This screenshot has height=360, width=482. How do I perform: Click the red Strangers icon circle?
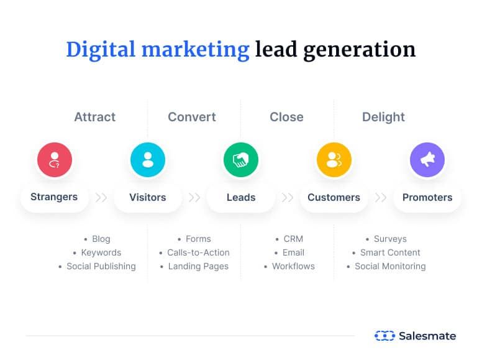tap(55, 160)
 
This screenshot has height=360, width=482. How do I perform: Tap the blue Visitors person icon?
tap(148, 160)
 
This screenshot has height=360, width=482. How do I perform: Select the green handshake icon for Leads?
tap(241, 160)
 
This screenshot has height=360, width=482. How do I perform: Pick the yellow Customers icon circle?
tap(334, 160)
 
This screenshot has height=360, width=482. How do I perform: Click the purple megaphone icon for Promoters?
tap(427, 160)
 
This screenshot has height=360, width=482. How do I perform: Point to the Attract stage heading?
tap(95, 117)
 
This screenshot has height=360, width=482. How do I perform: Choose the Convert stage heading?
tap(192, 117)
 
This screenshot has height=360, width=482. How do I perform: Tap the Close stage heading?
tap(286, 117)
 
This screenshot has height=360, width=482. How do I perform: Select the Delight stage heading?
tap(383, 118)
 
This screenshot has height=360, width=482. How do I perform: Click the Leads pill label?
tap(241, 197)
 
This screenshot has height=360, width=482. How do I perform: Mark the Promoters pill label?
tap(427, 197)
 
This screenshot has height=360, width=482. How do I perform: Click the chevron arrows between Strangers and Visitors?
tap(101, 197)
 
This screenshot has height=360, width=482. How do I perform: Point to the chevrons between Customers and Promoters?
tap(381, 197)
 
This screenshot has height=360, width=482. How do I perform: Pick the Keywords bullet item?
tap(97, 252)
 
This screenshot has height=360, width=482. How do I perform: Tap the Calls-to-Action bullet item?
tap(194, 252)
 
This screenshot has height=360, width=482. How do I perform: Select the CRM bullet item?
tap(289, 239)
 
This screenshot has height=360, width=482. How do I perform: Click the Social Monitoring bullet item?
tap(386, 266)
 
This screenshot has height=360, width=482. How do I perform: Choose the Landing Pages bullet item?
tap(194, 267)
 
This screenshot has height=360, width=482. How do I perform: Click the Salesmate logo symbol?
tap(384, 336)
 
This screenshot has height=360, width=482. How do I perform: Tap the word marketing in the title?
tap(196, 50)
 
